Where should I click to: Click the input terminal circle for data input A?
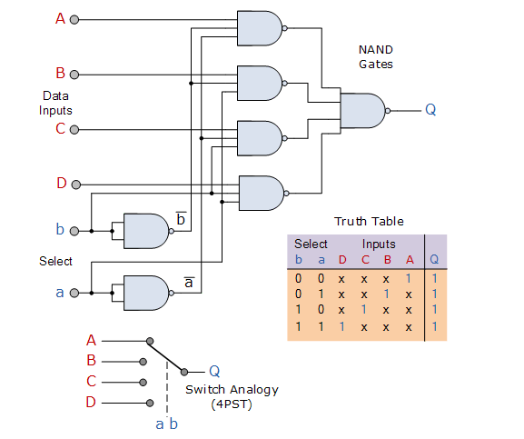coord(74,20)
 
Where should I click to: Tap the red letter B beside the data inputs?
coord(61,73)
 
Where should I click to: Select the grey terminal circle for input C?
coord(74,129)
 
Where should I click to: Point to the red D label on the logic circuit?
coord(62,184)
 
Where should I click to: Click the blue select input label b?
coord(60,229)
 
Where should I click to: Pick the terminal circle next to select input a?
coord(74,294)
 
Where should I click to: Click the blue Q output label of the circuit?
coord(430,110)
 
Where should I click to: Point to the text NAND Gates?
coord(376,57)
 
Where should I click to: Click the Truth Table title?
coord(369,222)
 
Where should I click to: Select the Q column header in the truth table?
coord(434,259)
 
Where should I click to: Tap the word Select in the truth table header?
coord(311,244)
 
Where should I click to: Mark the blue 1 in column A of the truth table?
coord(409,278)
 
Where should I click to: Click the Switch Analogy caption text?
coord(232,396)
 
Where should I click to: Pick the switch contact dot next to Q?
coord(184,372)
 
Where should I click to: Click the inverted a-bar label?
coord(189,283)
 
